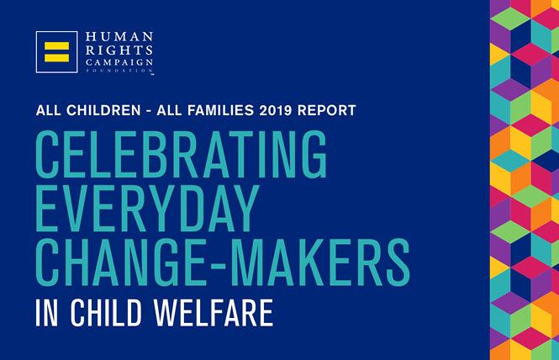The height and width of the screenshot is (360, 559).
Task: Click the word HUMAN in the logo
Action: pos(119,37)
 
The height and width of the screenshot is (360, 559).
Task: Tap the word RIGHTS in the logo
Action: pos(119,50)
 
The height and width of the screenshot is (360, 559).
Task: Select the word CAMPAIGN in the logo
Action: pos(119,62)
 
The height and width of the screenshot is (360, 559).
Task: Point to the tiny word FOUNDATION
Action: pos(119,71)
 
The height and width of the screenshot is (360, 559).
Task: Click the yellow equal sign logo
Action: pos(56,52)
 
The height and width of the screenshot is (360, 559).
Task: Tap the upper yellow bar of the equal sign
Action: pos(56,46)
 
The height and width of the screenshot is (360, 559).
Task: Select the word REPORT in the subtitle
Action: pos(326,110)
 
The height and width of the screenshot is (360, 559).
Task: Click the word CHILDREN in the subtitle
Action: pos(103,110)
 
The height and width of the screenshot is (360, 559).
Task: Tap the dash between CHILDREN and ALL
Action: pos(149,111)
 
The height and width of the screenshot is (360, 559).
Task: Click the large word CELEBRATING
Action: pos(181,154)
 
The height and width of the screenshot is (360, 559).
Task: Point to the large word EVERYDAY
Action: pos(147,209)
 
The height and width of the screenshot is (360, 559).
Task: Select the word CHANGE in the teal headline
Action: pos(121,262)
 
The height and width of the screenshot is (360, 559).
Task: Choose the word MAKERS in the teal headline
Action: pos(324,262)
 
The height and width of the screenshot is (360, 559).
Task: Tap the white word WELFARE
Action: pos(214,313)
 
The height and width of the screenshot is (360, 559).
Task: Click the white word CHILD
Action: pos(106,313)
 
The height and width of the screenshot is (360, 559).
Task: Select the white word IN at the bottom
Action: pos(47,313)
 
